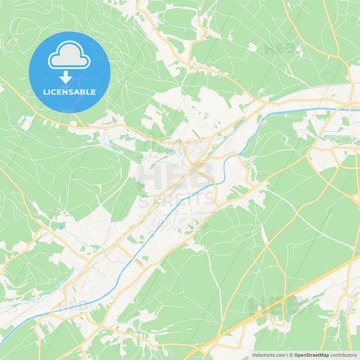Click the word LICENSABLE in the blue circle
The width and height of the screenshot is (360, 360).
click(x=70, y=92)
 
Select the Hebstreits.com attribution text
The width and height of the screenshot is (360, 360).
click(x=268, y=354)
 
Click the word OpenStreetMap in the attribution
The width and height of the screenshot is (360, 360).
click(x=311, y=354)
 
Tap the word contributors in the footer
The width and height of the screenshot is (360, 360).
click(x=344, y=354)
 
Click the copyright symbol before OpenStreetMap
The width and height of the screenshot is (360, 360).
click(x=290, y=354)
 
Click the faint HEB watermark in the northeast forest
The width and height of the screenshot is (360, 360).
click(x=280, y=49)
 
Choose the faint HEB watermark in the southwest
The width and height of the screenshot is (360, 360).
click(x=74, y=305)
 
